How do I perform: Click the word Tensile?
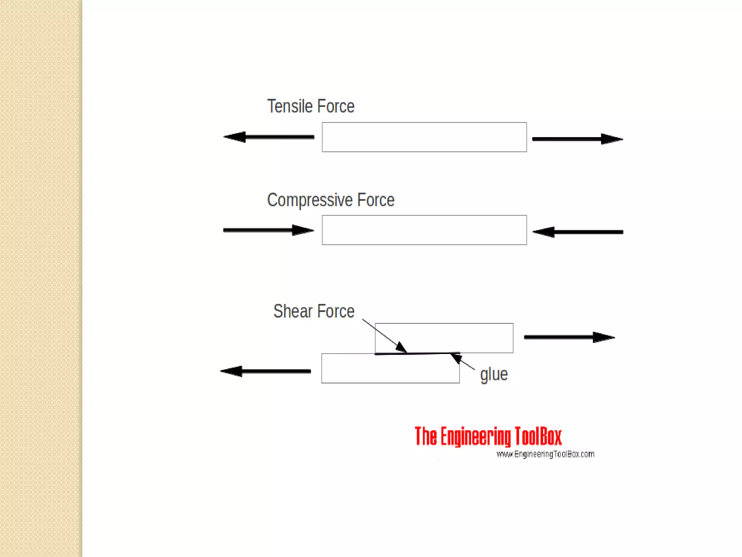click(x=290, y=106)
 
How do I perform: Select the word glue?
click(x=494, y=375)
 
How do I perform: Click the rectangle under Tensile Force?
click(x=424, y=137)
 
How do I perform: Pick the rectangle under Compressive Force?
click(x=424, y=230)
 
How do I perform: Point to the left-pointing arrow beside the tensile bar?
click(x=268, y=137)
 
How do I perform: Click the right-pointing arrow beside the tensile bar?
click(x=578, y=139)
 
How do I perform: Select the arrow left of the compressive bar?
click(x=268, y=230)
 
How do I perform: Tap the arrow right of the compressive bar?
click(x=578, y=232)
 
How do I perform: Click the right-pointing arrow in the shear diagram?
click(x=570, y=337)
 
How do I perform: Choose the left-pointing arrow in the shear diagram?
click(x=266, y=371)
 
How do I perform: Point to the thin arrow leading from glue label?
click(x=463, y=362)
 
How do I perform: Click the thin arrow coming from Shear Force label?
click(x=384, y=335)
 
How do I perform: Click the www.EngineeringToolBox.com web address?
click(x=545, y=454)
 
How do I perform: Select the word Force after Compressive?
click(x=376, y=200)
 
